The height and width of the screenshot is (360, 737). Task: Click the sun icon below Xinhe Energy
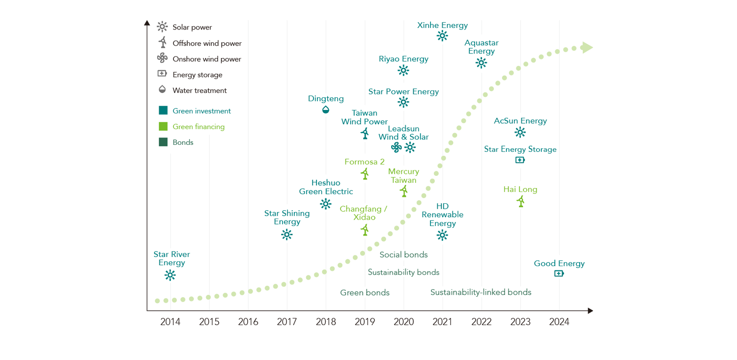pyautogui.click(x=442, y=35)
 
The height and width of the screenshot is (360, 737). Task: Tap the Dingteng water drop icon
pyautogui.click(x=326, y=110)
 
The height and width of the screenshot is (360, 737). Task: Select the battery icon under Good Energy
pyautogui.click(x=559, y=274)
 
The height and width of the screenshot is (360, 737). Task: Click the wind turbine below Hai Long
pyautogui.click(x=520, y=201)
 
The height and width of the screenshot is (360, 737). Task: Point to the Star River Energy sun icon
pyautogui.click(x=170, y=275)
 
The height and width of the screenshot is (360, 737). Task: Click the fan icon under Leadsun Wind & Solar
pyautogui.click(x=397, y=147)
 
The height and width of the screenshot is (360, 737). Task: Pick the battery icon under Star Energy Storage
pyautogui.click(x=520, y=160)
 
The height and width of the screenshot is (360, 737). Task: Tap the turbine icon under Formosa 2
pyautogui.click(x=365, y=173)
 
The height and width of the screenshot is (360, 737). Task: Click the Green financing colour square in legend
pyautogui.click(x=163, y=126)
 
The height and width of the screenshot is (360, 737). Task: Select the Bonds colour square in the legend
pyautogui.click(x=163, y=142)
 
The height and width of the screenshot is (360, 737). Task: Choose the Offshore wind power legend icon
pyautogui.click(x=162, y=43)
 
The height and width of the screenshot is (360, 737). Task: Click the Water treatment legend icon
pyautogui.click(x=162, y=90)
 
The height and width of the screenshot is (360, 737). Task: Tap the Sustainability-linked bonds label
pyautogui.click(x=481, y=292)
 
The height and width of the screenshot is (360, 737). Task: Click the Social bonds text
pyautogui.click(x=403, y=254)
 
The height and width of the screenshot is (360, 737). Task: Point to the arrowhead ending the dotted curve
pyautogui.click(x=587, y=48)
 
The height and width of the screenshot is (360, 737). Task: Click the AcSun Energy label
pyautogui.click(x=520, y=121)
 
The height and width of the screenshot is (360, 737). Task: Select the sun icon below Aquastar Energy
pyautogui.click(x=481, y=62)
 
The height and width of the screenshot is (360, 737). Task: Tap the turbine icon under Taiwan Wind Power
pyautogui.click(x=365, y=133)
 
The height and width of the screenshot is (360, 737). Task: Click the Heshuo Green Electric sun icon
pyautogui.click(x=326, y=204)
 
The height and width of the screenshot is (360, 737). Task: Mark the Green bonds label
pyautogui.click(x=365, y=293)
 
